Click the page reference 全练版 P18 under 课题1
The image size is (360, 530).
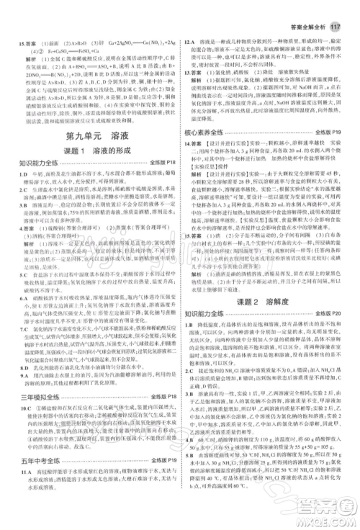(x=163, y=165)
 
